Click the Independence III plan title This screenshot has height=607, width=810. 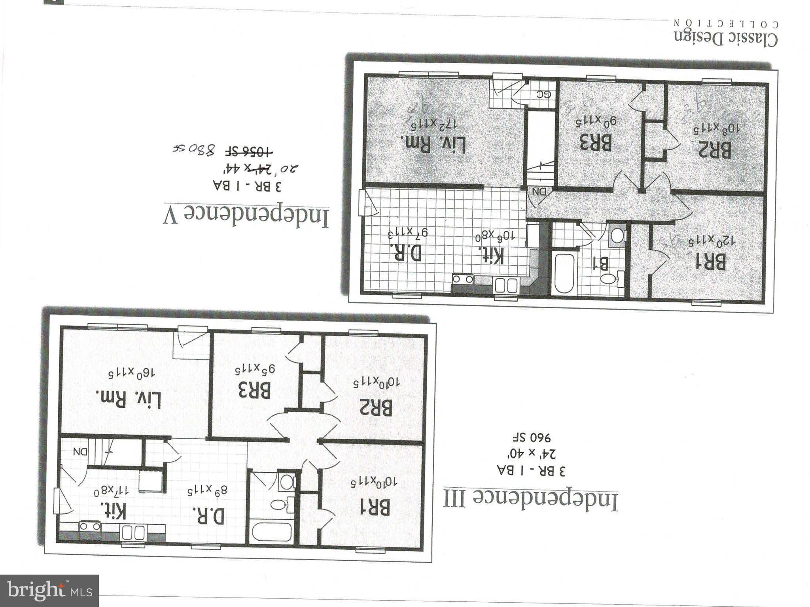pyautogui.click(x=530, y=500)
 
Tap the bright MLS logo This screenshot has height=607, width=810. pyautogui.click(x=49, y=591)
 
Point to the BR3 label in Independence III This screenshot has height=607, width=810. pyautogui.click(x=254, y=390)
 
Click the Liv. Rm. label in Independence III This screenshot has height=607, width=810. pyautogui.click(x=129, y=399)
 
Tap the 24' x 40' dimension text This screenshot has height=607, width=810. pyautogui.click(x=531, y=454)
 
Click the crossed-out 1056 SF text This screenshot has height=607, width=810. pyautogui.click(x=249, y=151)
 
